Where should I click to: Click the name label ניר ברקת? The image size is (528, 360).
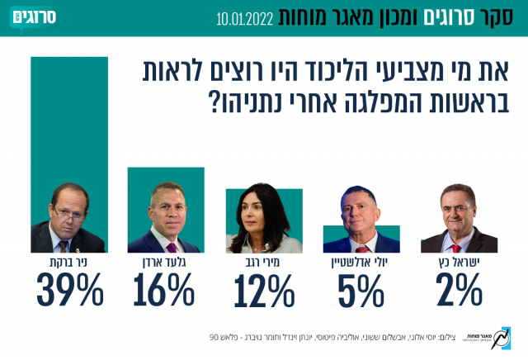[x=68, y=263]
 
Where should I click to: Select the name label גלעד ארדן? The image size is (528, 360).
[x=165, y=263]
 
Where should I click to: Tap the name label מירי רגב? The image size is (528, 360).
[x=262, y=263]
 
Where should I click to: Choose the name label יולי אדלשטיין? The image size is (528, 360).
[x=361, y=263]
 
